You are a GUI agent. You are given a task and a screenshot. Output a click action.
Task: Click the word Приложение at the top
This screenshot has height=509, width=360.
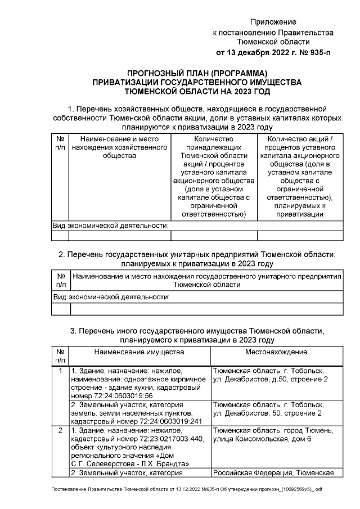tap(273, 22)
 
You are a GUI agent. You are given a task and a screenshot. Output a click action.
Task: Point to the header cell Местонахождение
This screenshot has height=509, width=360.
tap(276, 352)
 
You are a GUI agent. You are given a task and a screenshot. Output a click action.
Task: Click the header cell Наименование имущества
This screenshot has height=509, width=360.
tap(139, 352)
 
